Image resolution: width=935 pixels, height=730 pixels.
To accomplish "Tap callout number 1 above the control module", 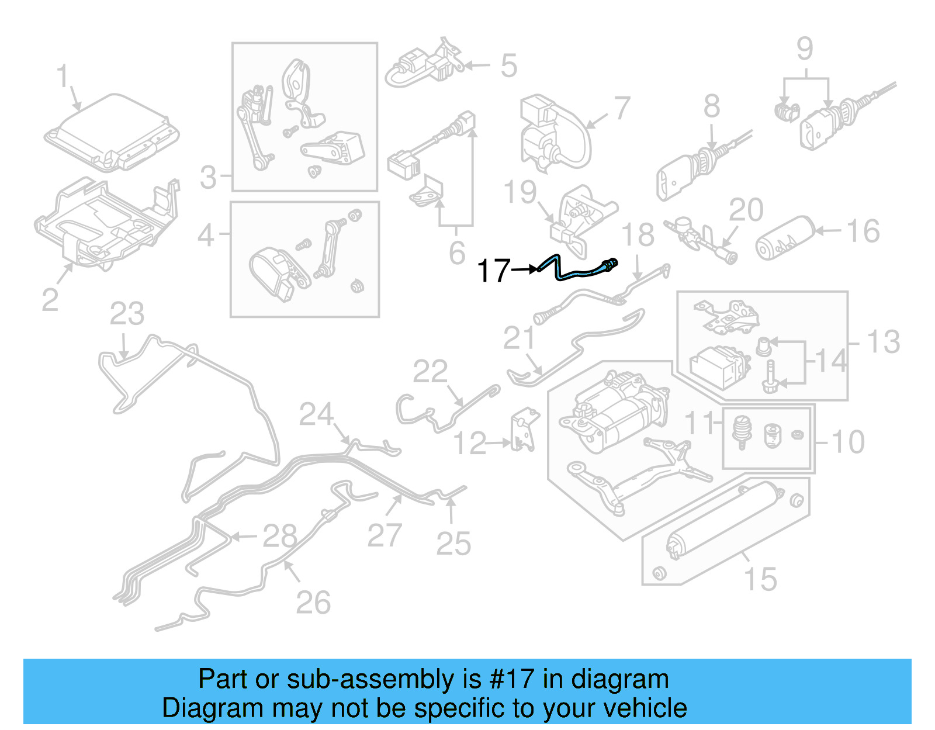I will pos(63,77).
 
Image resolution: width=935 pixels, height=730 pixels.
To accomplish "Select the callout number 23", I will pos(127,314).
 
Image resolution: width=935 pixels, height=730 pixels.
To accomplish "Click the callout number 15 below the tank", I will pos(760,579).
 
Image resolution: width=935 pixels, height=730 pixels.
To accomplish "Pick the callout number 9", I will pos(805,49).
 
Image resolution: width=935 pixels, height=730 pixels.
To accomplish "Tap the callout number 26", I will pos(313,602).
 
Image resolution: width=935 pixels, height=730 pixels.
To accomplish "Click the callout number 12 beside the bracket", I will pos(470,444).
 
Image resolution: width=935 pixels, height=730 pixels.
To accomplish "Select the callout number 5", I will pos(508,65).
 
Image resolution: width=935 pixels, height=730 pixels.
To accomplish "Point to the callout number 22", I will pos(430,371).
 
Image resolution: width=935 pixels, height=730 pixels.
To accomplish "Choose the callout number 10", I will pos(848,441).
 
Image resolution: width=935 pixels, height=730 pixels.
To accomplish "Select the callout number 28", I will pos(280,535).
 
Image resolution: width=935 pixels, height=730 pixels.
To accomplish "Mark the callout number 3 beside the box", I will pos(208,177).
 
